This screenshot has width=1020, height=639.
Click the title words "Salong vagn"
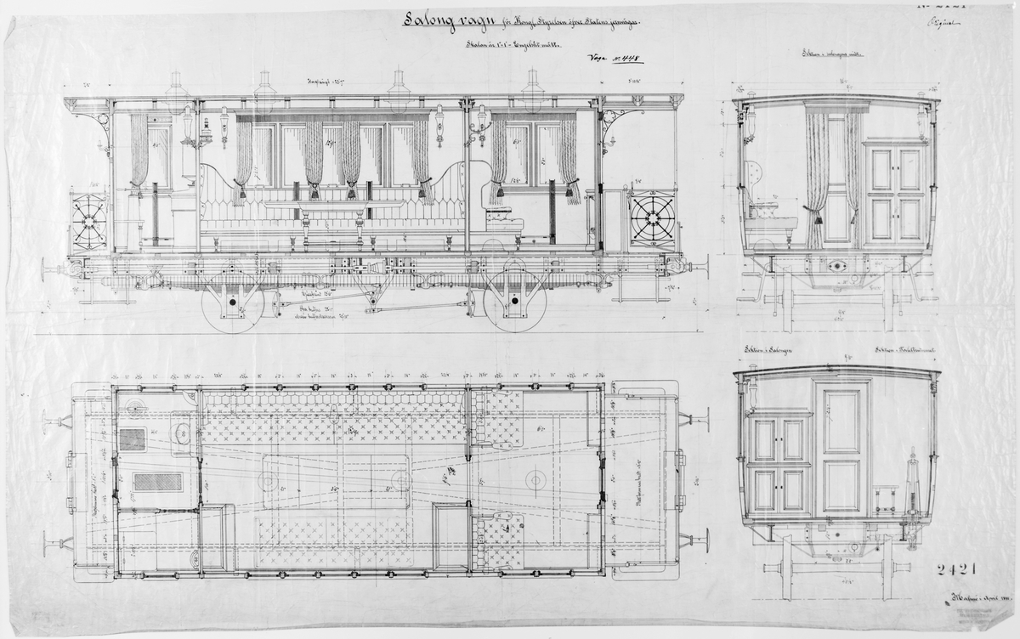[445, 21]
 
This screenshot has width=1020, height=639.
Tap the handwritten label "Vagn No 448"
[614, 59]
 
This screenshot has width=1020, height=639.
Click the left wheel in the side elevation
[232, 303]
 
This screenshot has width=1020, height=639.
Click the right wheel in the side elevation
[514, 303]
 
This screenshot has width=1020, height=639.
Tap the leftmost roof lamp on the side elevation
[177, 88]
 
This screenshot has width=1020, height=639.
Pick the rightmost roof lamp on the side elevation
[533, 88]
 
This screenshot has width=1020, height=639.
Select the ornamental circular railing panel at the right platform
[652, 219]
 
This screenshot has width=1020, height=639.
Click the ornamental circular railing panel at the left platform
[89, 222]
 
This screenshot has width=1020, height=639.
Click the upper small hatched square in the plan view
[132, 439]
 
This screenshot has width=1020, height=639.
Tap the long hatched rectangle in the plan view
[158, 482]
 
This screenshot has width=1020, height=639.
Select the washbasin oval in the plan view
[181, 433]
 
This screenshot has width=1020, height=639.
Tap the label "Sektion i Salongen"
[768, 350]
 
